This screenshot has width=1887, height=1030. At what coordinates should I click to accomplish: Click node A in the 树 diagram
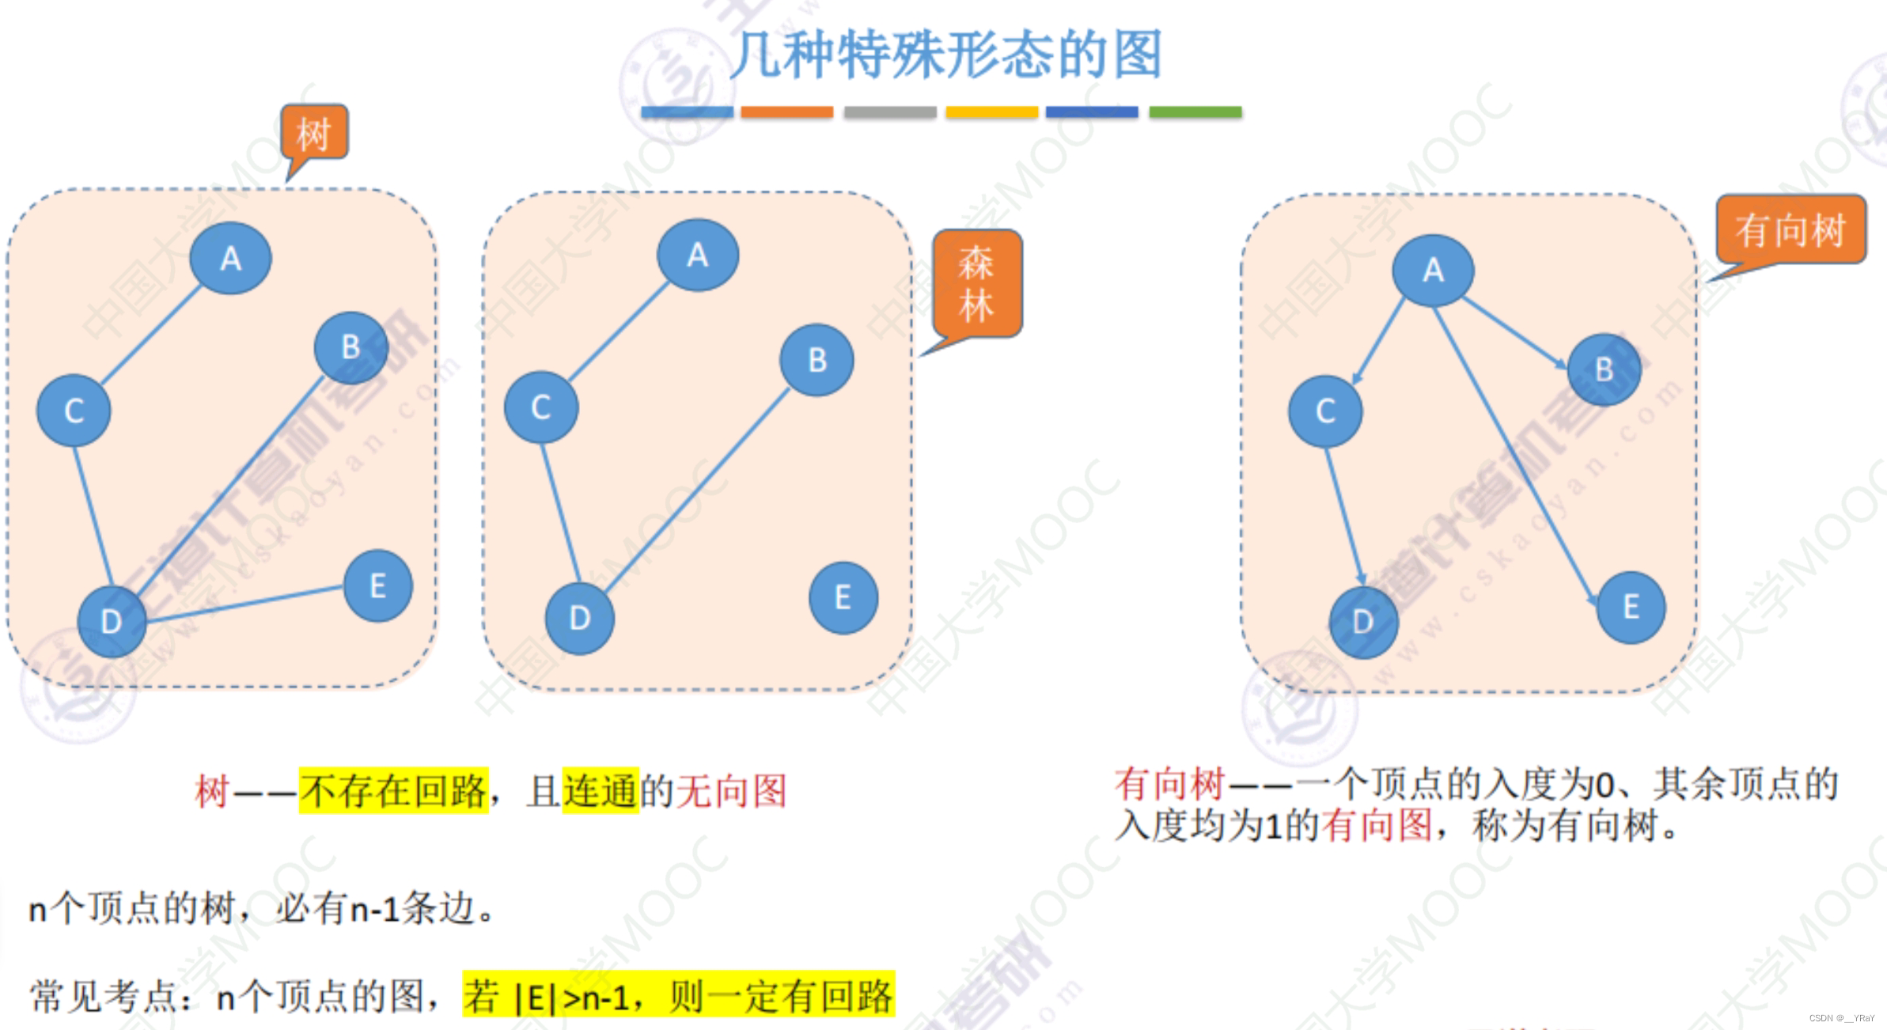(x=230, y=259)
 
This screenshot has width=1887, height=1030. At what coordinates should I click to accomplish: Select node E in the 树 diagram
(x=377, y=586)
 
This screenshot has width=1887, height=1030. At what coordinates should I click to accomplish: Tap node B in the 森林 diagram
(x=817, y=360)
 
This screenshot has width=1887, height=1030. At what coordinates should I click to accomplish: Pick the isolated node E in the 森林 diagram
(x=843, y=597)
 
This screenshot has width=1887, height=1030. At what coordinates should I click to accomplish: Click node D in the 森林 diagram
(x=579, y=618)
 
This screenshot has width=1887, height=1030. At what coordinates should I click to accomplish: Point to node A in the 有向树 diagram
(x=1433, y=271)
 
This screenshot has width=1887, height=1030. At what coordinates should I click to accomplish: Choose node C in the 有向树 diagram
(x=1325, y=411)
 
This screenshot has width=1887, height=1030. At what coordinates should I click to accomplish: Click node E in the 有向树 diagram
(x=1631, y=608)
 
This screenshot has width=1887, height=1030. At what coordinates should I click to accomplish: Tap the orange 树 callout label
(x=314, y=133)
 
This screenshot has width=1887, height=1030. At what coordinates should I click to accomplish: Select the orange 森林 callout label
(x=976, y=284)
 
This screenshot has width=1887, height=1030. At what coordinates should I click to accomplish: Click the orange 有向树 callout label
(x=1790, y=229)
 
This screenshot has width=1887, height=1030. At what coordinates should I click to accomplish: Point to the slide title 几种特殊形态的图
(x=945, y=54)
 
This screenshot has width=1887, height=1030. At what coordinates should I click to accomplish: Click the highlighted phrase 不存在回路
(x=393, y=790)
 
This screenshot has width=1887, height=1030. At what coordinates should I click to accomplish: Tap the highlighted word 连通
(x=600, y=790)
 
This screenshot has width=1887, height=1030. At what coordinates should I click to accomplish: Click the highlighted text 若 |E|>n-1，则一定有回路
(x=678, y=995)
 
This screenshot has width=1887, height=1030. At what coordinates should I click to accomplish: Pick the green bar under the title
(x=1195, y=112)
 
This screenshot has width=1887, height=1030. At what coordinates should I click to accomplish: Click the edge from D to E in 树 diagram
(x=245, y=605)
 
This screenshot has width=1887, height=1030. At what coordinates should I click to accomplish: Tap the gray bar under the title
(x=890, y=112)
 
